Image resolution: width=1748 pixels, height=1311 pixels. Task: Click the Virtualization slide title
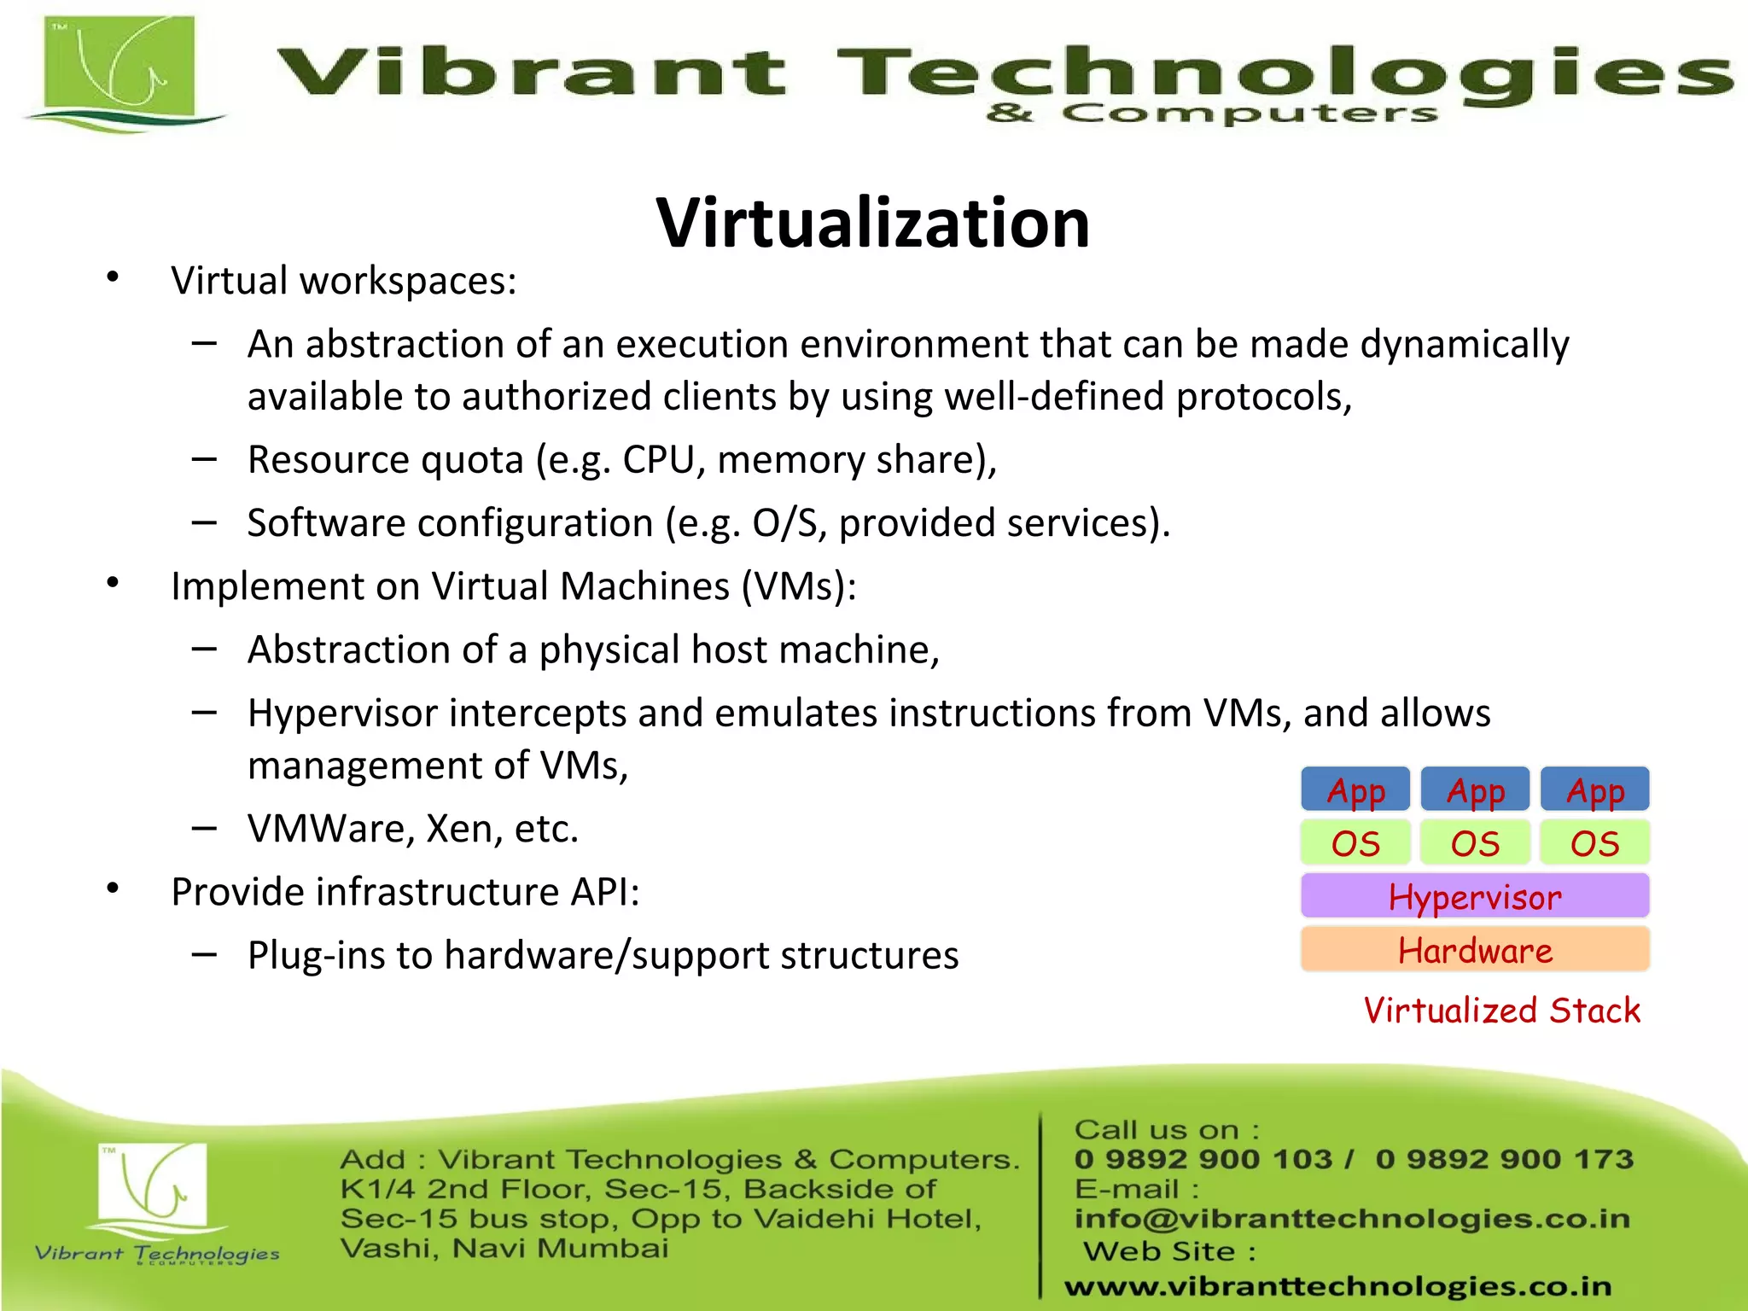872,223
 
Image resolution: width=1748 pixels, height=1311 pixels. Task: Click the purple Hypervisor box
1475,896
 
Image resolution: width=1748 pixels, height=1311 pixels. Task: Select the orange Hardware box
1475,950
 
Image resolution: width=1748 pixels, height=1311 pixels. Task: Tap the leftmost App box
1355,790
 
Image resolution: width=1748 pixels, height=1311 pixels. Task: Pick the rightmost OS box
1594,843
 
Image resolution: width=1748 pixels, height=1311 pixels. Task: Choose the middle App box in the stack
1475,790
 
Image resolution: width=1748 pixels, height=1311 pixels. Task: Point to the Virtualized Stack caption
1501,1011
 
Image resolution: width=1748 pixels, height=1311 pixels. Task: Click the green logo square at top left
119,68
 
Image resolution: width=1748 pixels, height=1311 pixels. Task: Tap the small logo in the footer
154,1186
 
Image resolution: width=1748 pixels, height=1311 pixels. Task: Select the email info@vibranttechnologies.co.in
1352,1219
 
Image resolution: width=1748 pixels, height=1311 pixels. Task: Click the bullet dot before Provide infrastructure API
113,889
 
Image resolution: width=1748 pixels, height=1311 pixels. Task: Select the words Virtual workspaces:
343,281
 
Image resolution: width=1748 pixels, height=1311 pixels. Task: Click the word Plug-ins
313,956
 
